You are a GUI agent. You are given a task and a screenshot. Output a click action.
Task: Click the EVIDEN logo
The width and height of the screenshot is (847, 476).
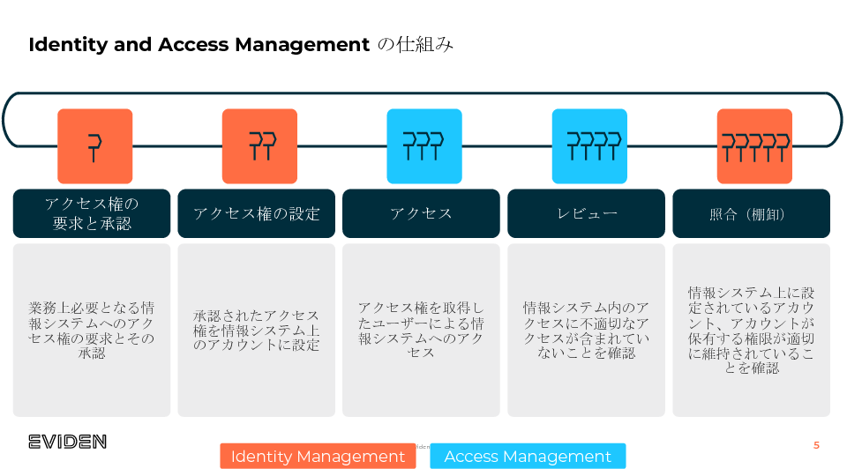pos(67,442)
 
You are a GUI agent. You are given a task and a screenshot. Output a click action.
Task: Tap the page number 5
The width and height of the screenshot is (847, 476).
pos(816,445)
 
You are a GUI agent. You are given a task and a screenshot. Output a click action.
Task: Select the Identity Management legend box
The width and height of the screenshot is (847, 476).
pos(318,456)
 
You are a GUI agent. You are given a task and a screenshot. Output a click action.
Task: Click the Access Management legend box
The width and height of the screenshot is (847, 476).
pos(528,456)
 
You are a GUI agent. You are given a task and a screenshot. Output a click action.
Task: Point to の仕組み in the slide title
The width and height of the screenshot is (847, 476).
pos(416,45)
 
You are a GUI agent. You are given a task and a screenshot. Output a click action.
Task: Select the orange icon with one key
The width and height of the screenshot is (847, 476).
pos(94,146)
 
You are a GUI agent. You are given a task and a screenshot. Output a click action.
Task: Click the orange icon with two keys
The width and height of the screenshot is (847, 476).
pos(259,146)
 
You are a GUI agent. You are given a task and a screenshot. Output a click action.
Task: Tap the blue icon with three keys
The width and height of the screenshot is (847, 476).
pos(424,146)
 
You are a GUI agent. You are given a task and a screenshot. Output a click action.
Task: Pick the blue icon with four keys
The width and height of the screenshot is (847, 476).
pos(589,146)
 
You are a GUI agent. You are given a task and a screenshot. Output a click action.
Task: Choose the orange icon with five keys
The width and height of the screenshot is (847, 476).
pos(754,146)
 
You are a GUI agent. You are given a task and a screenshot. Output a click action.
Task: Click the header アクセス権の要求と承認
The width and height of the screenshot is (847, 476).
pos(92,213)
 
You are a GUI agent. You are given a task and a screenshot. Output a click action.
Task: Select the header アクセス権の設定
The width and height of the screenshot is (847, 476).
pos(256,213)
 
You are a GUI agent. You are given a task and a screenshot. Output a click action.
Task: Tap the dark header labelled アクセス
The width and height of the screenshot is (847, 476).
pos(421,213)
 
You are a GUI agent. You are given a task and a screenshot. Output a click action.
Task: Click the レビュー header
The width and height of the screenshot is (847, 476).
pos(586,213)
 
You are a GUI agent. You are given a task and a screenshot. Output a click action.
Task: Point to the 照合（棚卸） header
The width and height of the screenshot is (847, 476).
pos(751,213)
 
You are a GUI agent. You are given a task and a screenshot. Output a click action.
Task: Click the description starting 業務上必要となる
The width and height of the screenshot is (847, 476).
pos(92,331)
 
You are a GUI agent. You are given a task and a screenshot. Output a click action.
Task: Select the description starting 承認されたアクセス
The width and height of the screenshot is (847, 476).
pos(256,331)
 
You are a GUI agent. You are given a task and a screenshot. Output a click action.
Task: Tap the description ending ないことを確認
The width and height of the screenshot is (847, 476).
pos(586,331)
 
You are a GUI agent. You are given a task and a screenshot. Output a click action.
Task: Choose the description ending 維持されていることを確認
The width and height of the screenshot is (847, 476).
pos(751,331)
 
